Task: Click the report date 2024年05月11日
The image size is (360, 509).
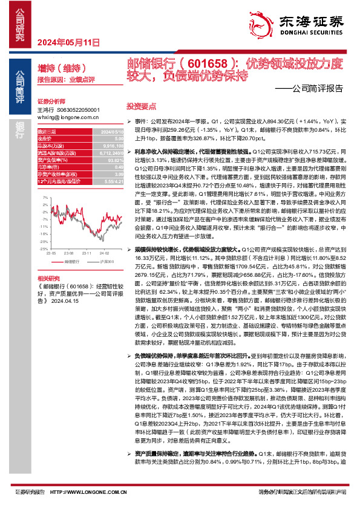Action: click(68, 42)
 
